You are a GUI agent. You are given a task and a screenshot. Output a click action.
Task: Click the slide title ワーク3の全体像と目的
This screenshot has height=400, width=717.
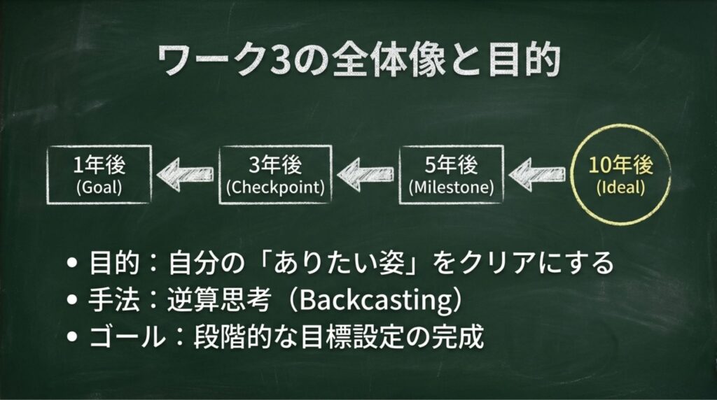pyautogui.click(x=359, y=60)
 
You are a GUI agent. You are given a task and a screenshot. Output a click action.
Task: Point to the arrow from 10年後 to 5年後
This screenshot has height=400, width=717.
pyautogui.click(x=536, y=174)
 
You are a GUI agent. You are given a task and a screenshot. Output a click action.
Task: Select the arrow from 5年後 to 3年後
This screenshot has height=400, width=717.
pyautogui.click(x=365, y=174)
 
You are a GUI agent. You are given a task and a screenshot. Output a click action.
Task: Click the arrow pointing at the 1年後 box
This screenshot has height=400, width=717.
pyautogui.click(x=185, y=174)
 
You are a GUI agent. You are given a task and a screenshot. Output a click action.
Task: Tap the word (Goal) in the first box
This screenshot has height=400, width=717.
pyautogui.click(x=99, y=187)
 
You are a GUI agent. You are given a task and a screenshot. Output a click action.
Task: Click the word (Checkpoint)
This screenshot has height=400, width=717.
pyautogui.click(x=275, y=187)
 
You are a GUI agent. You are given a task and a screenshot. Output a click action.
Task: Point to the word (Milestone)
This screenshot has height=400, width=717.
pyautogui.click(x=452, y=187)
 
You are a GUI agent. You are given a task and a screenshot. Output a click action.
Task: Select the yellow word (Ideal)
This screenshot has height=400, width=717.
pyautogui.click(x=621, y=187)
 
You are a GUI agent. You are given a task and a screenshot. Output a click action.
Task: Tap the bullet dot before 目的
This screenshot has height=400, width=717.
pyautogui.click(x=72, y=264)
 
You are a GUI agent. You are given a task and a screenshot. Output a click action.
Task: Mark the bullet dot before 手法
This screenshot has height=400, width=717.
pyautogui.click(x=72, y=300)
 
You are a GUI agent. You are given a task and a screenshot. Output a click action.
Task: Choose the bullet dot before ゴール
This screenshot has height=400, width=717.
pyautogui.click(x=72, y=336)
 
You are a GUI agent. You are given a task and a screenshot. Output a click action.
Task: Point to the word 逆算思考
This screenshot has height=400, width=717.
pyautogui.click(x=218, y=299)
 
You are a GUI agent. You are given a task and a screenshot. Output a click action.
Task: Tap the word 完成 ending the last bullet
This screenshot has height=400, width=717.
pyautogui.click(x=458, y=336)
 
